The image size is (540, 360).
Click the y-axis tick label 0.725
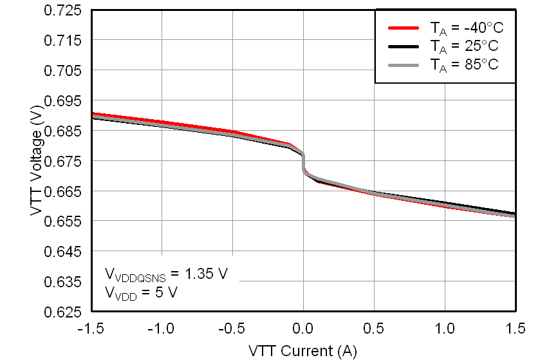[63, 11]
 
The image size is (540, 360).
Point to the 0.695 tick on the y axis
[63, 101]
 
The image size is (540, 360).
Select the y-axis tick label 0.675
[63, 161]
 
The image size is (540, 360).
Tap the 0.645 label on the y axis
[63, 252]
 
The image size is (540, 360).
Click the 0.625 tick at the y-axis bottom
[63, 312]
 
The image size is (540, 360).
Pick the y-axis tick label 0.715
[63, 41]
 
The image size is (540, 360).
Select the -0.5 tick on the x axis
[231, 328]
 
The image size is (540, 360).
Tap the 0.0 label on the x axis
[304, 328]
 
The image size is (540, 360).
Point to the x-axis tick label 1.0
[445, 328]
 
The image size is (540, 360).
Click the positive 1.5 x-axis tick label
[515, 328]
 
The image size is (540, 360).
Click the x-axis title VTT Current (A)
[303, 350]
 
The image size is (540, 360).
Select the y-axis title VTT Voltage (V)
[37, 161]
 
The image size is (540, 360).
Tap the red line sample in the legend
[404, 28]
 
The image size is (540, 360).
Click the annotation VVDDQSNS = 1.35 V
[166, 274]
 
